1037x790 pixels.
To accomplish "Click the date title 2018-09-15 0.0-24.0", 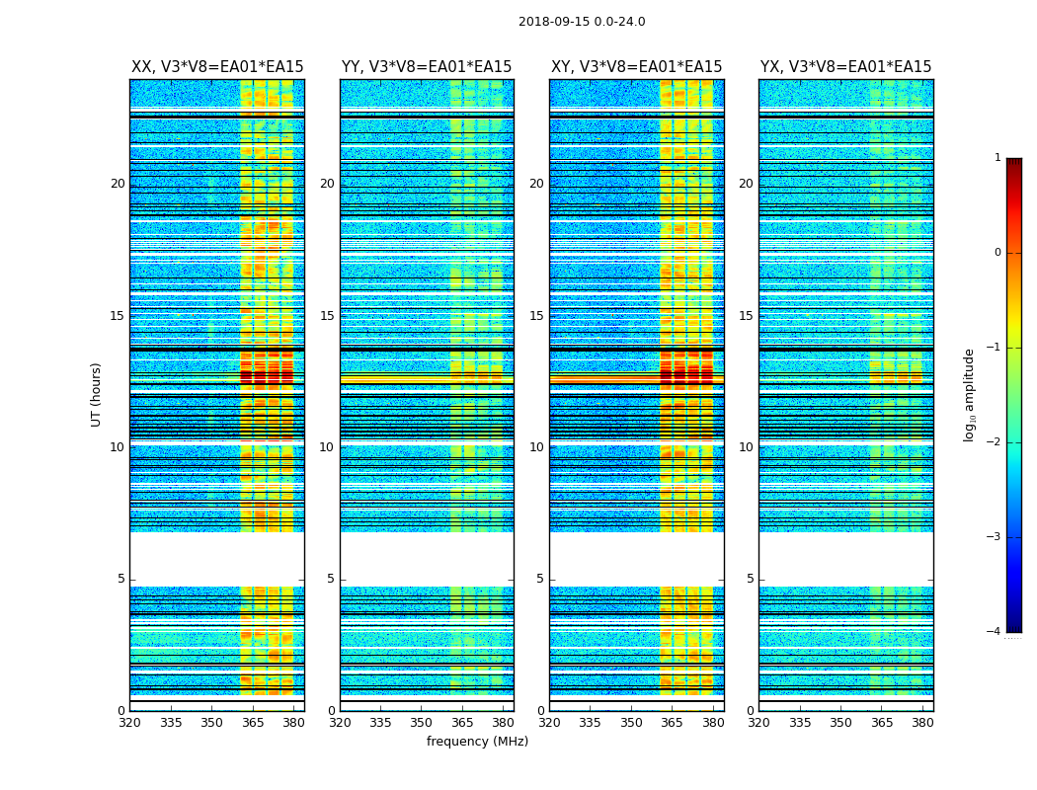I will click(582, 22).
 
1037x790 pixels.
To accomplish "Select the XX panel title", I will click(217, 67).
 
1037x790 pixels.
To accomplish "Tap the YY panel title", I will click(427, 67).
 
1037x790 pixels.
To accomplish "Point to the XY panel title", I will click(636, 67).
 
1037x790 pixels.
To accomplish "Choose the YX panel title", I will click(845, 67).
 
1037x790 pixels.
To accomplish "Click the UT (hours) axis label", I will click(96, 394).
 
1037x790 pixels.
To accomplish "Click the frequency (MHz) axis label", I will click(477, 742).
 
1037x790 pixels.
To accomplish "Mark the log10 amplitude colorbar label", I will click(970, 394).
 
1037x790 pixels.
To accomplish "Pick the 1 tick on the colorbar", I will click(997, 158).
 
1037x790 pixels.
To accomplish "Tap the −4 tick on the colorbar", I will click(994, 632).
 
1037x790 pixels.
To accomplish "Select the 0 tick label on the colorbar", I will click(997, 253).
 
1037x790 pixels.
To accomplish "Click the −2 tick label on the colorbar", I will click(994, 442).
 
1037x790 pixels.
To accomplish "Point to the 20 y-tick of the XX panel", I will click(118, 184).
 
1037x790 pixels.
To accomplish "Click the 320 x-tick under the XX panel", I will click(129, 723).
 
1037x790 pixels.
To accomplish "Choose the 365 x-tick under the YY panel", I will click(462, 723).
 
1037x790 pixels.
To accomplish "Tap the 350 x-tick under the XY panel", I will click(631, 723).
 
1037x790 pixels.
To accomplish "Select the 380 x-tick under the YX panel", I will click(922, 723).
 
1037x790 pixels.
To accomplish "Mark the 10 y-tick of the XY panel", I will click(536, 447).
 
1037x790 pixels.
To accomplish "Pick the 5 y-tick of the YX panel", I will click(750, 579).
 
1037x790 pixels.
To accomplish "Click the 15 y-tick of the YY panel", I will click(327, 316).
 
